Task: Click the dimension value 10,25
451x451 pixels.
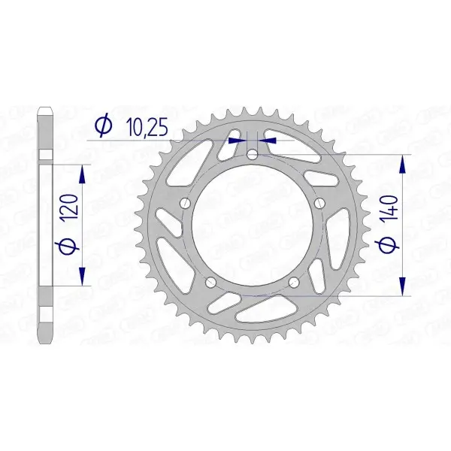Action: coord(141,129)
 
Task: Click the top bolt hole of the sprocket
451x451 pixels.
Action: coord(252,154)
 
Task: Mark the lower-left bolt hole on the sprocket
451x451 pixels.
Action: coord(210,283)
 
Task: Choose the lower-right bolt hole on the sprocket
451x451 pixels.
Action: coord(294,283)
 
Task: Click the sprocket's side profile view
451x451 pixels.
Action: coord(46,225)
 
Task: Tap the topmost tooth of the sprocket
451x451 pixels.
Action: coord(252,110)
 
